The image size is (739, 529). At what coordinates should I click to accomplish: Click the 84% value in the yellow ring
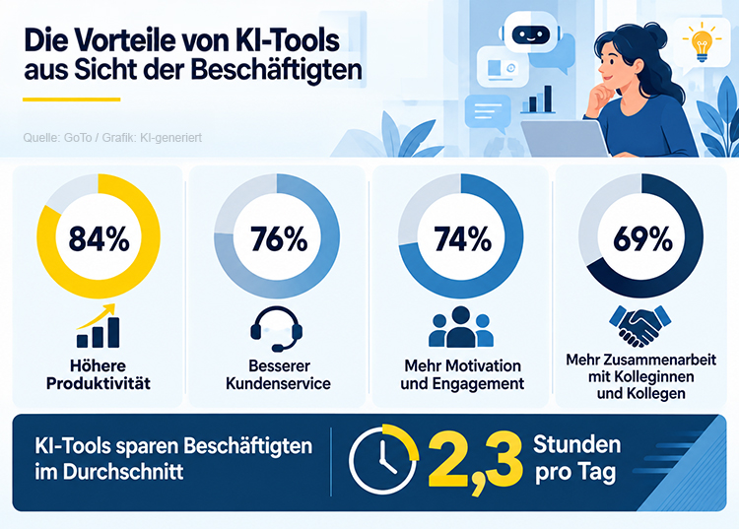99,238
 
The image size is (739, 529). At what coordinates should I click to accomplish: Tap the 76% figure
279,238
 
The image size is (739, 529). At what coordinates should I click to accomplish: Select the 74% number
463,238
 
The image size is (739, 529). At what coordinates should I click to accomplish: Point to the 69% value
642,238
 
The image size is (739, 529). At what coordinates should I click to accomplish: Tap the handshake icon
640,326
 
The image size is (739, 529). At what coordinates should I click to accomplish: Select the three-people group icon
461,327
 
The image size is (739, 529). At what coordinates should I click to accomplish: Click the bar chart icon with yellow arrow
98,325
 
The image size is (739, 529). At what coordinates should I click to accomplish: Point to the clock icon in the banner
382,460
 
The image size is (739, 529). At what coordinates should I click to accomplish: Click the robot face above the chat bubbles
531,34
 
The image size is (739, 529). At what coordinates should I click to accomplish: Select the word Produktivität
99,383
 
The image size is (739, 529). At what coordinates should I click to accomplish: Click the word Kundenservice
278,383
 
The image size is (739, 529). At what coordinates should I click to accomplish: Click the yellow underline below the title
72,99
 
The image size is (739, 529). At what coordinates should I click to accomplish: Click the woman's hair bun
655,33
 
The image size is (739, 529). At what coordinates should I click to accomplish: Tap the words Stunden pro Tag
576,459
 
